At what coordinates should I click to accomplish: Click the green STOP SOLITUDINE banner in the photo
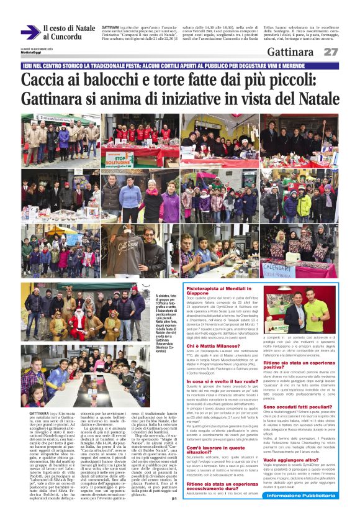pyautogui.click(x=118, y=160)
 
